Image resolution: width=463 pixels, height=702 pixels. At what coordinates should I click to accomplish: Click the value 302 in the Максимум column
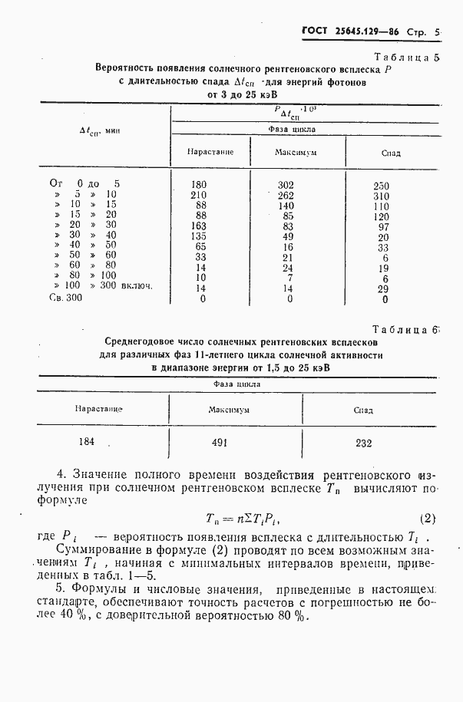(286, 185)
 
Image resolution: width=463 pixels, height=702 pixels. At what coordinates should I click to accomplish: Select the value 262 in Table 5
(286, 195)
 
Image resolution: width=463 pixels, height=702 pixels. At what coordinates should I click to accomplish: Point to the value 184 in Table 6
(88, 442)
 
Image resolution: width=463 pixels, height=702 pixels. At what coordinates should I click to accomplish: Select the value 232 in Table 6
(363, 443)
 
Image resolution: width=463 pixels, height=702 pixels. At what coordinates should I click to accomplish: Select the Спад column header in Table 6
(363, 410)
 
